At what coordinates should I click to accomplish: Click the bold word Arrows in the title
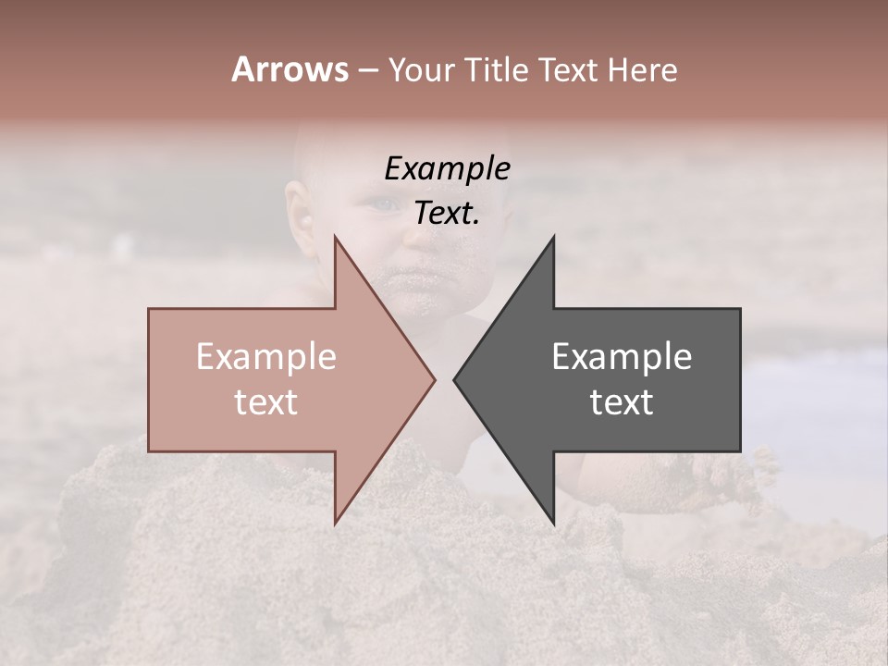click(290, 69)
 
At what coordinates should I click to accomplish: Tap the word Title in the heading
click(499, 70)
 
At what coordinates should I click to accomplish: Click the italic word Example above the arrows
click(447, 169)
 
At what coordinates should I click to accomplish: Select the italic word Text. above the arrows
click(447, 214)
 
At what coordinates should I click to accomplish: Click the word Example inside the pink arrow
click(266, 357)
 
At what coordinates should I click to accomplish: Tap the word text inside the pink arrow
click(265, 402)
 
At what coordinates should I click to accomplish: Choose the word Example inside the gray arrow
click(622, 357)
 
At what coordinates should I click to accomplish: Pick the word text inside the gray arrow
click(622, 402)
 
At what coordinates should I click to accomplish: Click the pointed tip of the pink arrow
click(434, 379)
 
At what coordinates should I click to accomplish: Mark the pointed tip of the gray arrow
click(455, 379)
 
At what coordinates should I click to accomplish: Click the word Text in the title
click(568, 70)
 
